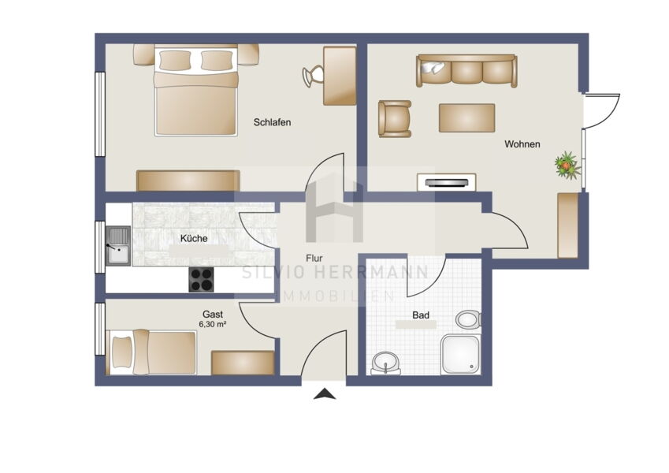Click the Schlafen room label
(272, 122)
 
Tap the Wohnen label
(522, 144)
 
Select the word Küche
(194, 239)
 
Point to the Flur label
(314, 259)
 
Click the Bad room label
(421, 315)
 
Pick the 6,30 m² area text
(213, 325)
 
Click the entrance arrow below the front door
(325, 393)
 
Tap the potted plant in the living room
(567, 166)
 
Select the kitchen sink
(117, 245)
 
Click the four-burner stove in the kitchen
(202, 280)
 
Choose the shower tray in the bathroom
(461, 354)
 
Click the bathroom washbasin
(386, 363)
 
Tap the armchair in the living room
(395, 119)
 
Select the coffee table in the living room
(466, 117)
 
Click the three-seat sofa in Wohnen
(466, 71)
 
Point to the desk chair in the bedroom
(313, 76)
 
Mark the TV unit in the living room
(446, 182)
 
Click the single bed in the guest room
(151, 352)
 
